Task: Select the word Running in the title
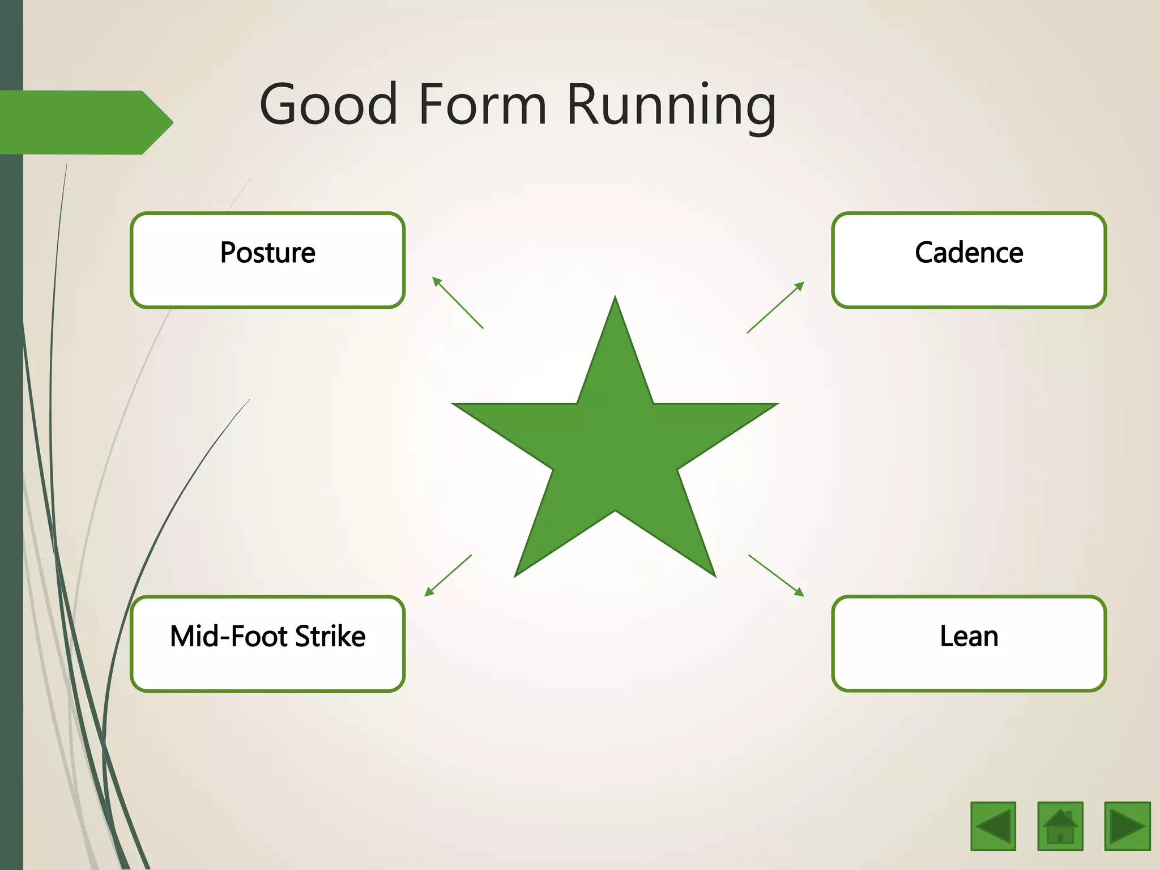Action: tap(671, 105)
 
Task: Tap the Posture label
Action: tap(267, 253)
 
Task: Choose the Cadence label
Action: tap(969, 253)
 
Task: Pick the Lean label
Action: tap(969, 636)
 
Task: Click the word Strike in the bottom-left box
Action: tap(330, 636)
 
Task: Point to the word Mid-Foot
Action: tap(229, 636)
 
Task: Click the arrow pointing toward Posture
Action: tap(457, 302)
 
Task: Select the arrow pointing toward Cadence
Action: tap(775, 307)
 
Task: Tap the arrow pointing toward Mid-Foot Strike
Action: tap(448, 575)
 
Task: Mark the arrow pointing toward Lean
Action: tap(776, 575)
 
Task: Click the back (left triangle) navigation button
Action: tap(993, 826)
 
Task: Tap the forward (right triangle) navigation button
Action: tap(1127, 826)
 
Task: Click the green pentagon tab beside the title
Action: tap(85, 122)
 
